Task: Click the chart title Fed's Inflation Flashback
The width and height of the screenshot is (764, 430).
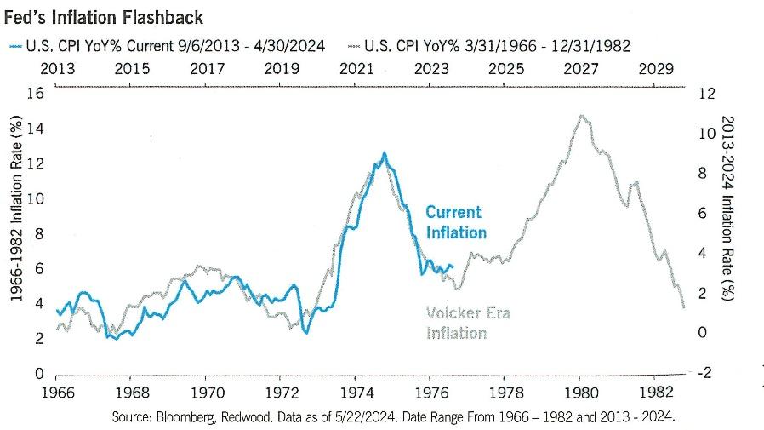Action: point(103,17)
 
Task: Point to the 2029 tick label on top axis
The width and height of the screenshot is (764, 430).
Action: point(656,69)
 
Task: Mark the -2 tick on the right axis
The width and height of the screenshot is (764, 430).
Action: point(704,373)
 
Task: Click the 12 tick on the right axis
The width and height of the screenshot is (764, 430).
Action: point(705,94)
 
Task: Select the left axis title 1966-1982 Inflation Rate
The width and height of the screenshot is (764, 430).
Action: point(16,234)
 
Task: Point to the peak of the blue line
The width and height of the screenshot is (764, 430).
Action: point(385,153)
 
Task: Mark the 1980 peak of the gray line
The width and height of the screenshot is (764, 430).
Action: point(580,116)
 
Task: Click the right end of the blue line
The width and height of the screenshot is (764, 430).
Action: point(453,267)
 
